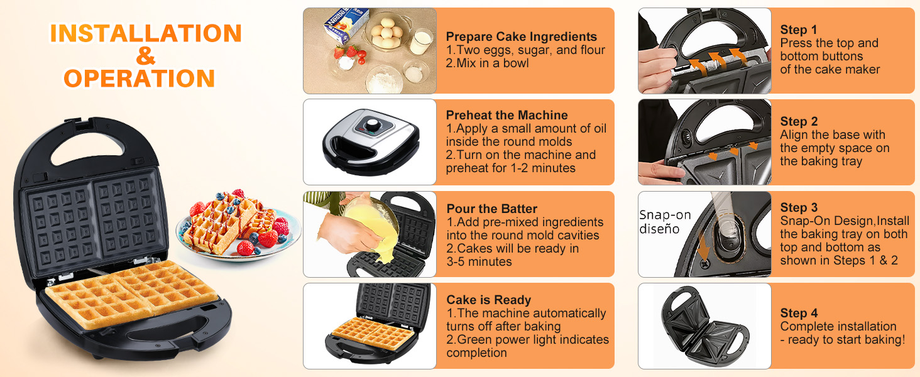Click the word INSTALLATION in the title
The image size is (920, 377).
click(146, 33)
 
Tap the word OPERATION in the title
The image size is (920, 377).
click(140, 79)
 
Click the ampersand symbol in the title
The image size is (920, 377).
click(145, 56)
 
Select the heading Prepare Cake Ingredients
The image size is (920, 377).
click(521, 37)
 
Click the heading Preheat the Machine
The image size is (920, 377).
click(507, 115)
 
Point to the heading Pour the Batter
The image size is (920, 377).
click(491, 209)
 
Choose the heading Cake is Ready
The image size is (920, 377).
click(488, 300)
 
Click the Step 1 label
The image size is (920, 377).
click(798, 30)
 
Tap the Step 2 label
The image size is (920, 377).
click(799, 121)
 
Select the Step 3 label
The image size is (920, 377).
click(799, 207)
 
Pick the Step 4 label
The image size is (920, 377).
click(799, 313)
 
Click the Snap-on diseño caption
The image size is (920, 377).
click(665, 222)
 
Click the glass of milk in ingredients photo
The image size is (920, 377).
click(420, 41)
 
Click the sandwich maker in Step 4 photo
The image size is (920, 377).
click(704, 327)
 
